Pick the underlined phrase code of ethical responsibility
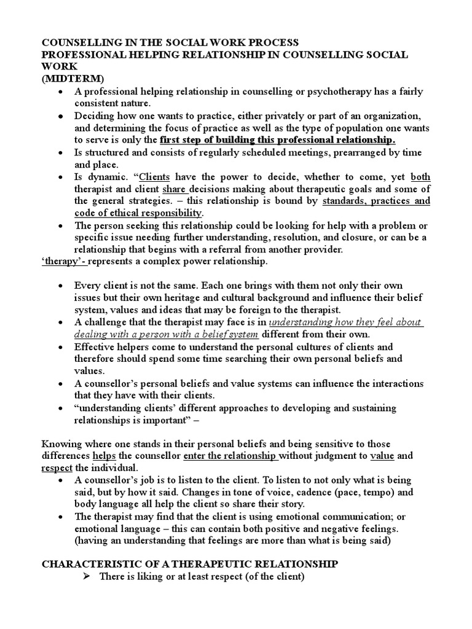[x=138, y=213]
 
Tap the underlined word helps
[x=103, y=456]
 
